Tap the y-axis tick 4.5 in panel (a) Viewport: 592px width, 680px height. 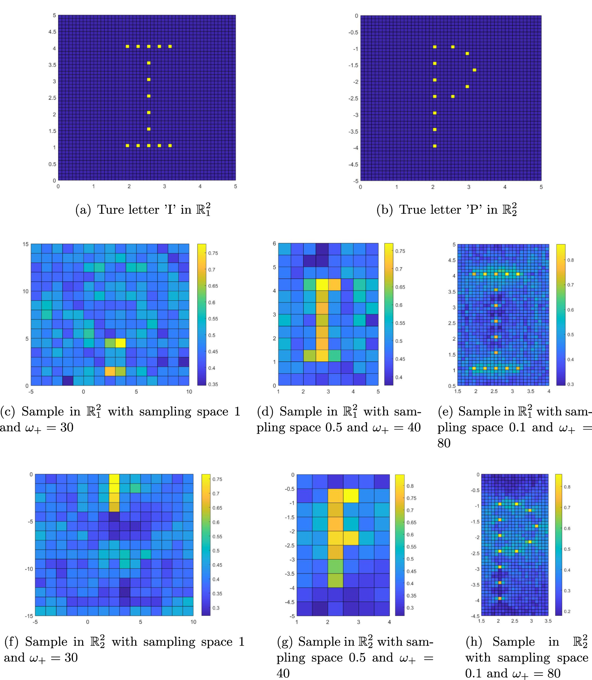click(52, 32)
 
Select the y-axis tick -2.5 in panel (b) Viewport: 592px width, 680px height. click(353, 99)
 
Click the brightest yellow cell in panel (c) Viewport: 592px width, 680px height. click(120, 343)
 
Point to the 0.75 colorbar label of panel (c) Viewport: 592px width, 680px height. click(213, 253)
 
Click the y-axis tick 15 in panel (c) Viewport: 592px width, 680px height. click(26, 244)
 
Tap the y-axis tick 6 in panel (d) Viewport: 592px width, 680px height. click(274, 244)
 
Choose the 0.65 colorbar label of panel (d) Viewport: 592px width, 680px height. click(400, 287)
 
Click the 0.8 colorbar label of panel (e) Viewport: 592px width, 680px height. click(570, 260)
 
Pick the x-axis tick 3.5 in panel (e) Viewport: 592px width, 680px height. click(531, 391)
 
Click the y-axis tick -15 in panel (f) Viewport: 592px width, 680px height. click(29, 616)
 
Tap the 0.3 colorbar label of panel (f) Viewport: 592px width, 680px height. click(216, 608)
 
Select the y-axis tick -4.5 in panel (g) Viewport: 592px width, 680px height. click(290, 602)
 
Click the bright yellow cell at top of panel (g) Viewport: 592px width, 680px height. click(351, 496)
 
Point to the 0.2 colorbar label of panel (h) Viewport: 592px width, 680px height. click(567, 611)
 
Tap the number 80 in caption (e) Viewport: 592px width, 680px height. click(444, 443)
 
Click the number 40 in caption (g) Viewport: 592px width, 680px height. click(283, 673)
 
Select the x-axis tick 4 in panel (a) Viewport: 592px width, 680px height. click(200, 186)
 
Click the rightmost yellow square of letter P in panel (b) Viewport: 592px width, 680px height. click(474, 70)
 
